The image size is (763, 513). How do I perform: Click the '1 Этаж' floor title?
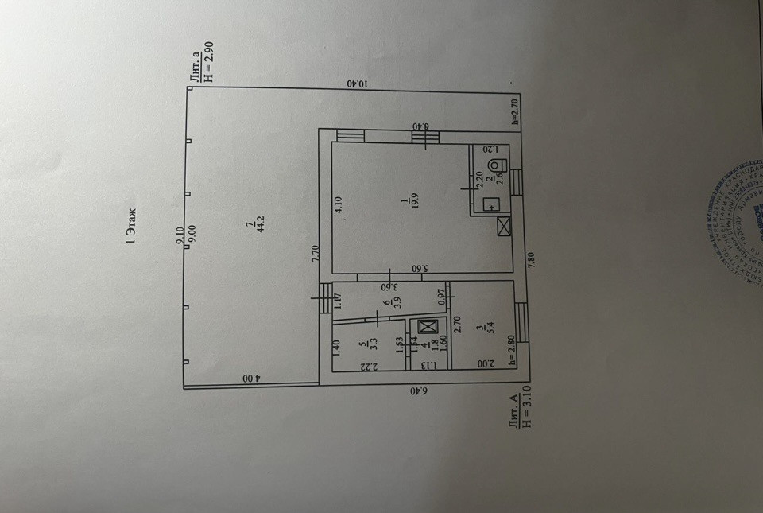(x=132, y=225)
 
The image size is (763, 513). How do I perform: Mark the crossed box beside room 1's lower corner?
(x=504, y=227)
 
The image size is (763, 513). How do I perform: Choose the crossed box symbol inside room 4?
(x=427, y=327)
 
